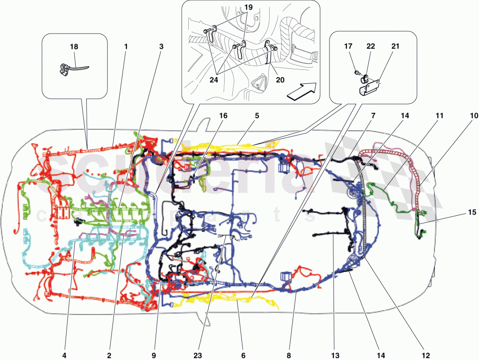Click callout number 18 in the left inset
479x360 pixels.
(74, 47)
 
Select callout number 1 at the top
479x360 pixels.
(125, 47)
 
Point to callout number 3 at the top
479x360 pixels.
(161, 47)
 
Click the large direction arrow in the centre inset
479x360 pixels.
(301, 90)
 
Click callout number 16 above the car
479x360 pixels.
(224, 116)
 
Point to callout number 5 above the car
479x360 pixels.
(257, 116)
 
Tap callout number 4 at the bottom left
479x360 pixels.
(64, 355)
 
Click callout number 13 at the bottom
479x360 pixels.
(334, 355)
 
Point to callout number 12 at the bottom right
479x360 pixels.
(425, 355)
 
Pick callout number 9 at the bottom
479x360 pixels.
(154, 355)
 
